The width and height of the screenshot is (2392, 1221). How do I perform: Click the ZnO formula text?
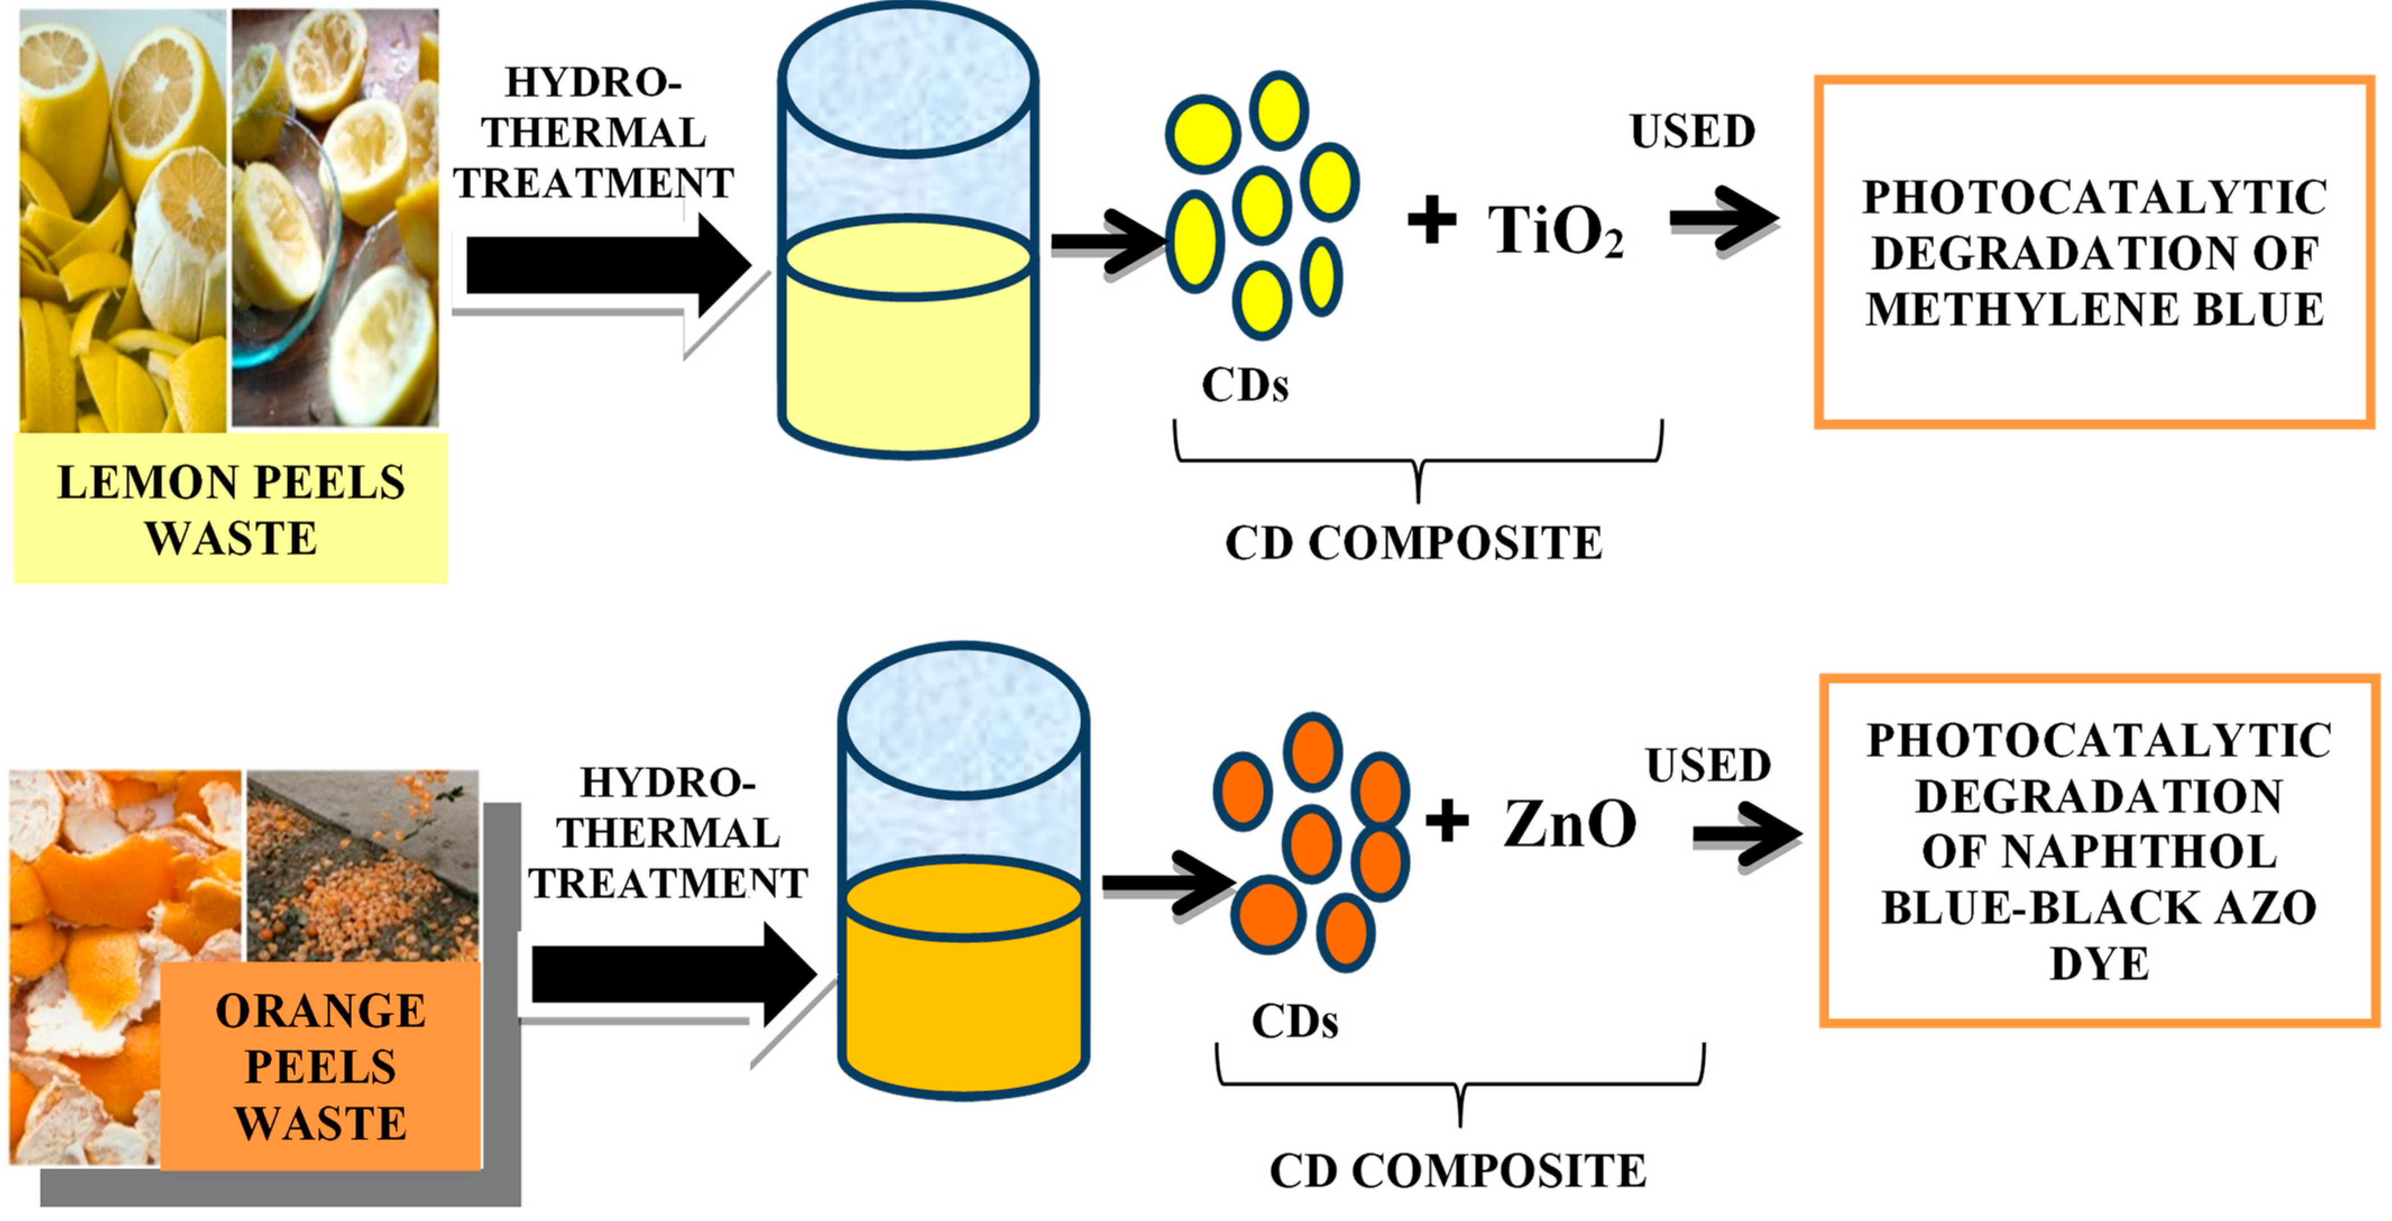click(x=1569, y=824)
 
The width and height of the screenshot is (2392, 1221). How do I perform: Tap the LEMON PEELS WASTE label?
click(x=231, y=509)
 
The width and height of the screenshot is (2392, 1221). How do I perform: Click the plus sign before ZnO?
click(x=1447, y=821)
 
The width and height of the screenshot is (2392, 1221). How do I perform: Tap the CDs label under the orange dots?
click(x=1294, y=1021)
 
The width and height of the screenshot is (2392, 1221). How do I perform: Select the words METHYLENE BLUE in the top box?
click(x=2095, y=309)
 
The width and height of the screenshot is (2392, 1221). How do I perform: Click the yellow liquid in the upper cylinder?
click(x=907, y=362)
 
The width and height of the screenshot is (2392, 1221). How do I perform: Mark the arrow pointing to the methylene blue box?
click(x=1723, y=220)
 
